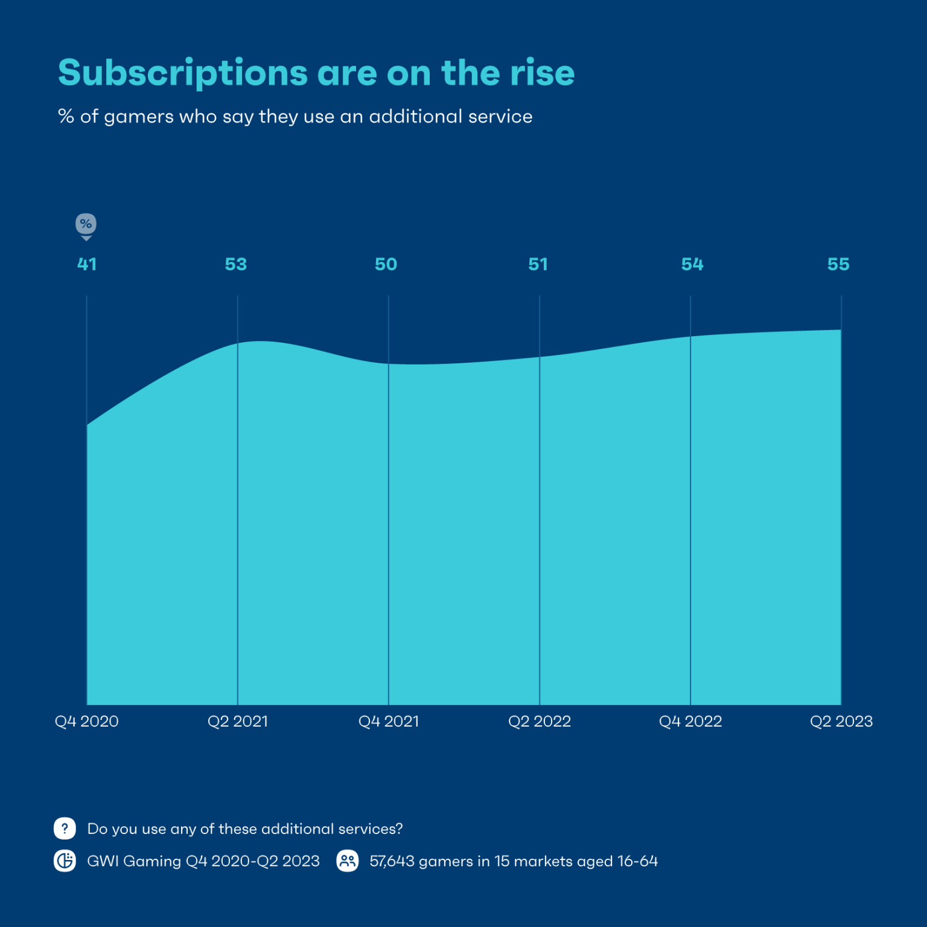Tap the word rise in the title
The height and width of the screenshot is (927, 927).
542,73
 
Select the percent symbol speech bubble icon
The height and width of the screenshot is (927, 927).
86,225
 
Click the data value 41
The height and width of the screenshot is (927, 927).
87,264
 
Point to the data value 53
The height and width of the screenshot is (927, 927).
236,264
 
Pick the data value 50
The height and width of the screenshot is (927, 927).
386,264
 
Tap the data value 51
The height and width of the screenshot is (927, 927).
538,264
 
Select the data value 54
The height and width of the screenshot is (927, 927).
692,264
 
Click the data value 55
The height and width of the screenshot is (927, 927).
838,264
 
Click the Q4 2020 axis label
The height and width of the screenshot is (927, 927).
87,721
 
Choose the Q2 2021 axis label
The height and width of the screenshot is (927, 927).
238,721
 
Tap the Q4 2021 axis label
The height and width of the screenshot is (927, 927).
389,721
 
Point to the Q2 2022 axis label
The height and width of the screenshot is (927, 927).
540,721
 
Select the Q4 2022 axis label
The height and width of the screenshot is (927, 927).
690,721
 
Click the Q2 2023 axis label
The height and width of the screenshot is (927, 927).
841,721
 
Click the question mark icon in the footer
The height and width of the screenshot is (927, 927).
65,829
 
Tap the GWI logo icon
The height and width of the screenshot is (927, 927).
65,861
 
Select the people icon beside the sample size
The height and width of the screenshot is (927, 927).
348,861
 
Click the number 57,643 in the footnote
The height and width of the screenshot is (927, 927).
392,861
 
